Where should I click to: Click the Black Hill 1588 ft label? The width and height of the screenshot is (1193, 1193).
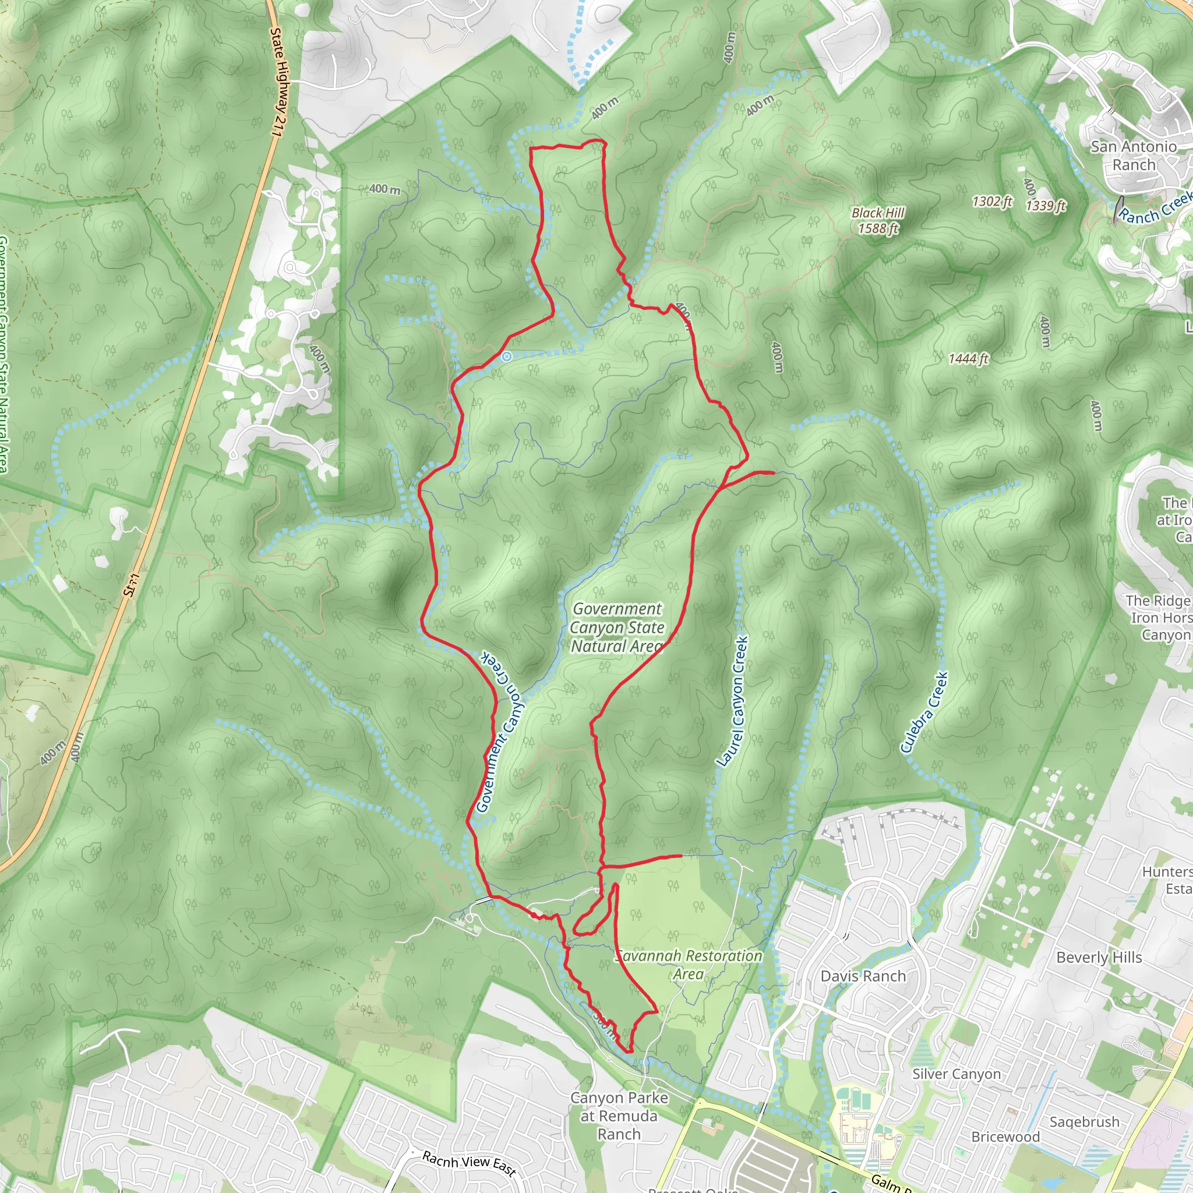click(877, 220)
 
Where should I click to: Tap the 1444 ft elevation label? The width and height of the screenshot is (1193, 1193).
click(968, 359)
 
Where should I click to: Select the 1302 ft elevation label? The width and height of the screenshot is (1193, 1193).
click(991, 202)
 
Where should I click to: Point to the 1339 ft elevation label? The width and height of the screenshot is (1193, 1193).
click(1046, 205)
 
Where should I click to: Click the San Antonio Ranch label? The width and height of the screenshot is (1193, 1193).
click(1134, 156)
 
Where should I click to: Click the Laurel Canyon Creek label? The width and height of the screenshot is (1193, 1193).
click(733, 701)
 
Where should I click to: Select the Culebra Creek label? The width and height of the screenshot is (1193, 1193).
click(924, 712)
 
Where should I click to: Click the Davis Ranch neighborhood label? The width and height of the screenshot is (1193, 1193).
click(863, 976)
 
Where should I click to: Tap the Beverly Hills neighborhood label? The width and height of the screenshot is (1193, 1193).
click(1099, 958)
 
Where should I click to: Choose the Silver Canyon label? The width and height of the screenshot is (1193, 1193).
click(956, 1074)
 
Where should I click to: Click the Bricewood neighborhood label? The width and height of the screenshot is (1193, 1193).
click(1005, 1137)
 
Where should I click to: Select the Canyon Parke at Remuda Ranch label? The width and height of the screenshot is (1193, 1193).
click(619, 1116)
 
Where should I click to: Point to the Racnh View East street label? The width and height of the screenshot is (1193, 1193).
click(469, 1163)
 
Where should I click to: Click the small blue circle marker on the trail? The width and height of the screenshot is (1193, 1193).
click(506, 357)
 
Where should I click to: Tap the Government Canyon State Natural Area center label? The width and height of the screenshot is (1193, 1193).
click(617, 627)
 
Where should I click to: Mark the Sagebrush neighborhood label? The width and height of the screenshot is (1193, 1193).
click(1084, 1122)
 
